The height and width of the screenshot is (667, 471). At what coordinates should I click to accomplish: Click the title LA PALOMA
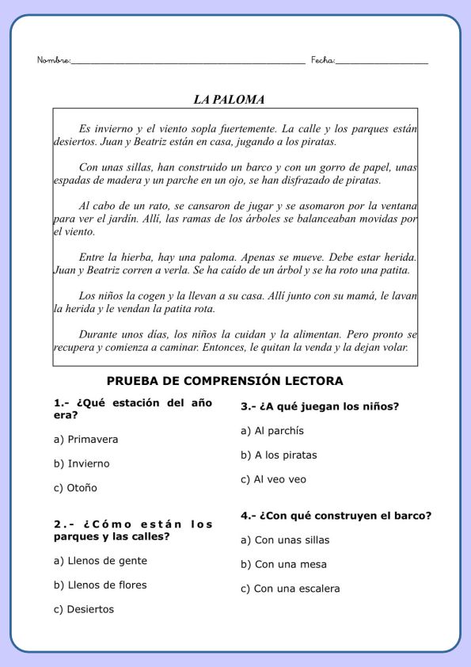(229, 100)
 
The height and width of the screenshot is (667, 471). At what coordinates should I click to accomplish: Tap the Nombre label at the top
(53, 60)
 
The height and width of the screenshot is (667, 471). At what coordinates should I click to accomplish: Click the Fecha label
(322, 60)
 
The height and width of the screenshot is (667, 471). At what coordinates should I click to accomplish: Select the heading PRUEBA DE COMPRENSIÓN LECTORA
(225, 381)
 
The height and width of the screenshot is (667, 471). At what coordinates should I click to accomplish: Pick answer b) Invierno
(82, 463)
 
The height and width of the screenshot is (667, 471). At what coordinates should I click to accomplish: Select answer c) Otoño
(75, 488)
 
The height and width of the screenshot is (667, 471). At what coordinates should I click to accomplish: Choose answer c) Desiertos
(83, 610)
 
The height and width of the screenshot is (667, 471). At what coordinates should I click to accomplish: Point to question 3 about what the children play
(320, 406)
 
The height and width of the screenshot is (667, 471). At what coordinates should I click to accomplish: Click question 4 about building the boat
(336, 516)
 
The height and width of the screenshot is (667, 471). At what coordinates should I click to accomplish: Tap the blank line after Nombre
(188, 62)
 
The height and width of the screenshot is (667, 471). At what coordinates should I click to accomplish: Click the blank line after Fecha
(382, 62)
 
